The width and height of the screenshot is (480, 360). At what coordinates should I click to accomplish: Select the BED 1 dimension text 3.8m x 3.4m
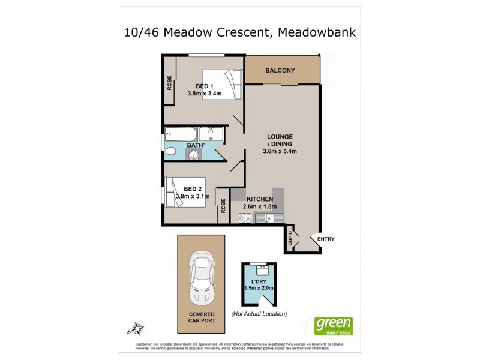205,94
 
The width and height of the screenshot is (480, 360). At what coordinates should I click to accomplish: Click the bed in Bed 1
221,84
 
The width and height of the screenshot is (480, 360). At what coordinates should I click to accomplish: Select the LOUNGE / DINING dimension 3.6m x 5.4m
280,151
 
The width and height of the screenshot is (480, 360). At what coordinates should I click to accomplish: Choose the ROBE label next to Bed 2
223,206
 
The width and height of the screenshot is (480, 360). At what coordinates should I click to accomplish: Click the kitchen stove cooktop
245,219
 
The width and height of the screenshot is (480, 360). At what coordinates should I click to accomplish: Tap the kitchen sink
265,219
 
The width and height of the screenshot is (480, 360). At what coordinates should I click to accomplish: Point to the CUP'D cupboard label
290,239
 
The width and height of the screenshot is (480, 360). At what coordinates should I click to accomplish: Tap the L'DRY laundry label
259,280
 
